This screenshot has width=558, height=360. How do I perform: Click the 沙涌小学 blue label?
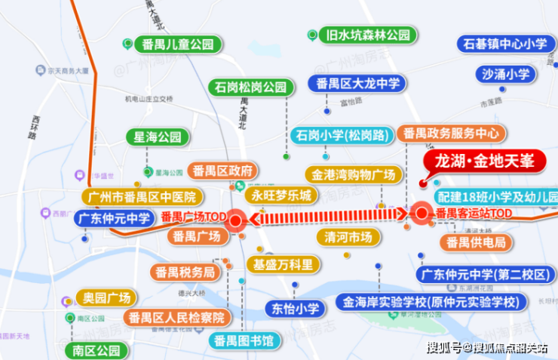506,74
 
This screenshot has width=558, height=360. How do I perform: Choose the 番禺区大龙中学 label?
358,83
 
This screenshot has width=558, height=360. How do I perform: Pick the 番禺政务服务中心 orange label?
451,133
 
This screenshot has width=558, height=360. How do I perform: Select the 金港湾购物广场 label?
350,174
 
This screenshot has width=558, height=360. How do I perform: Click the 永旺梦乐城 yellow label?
281,195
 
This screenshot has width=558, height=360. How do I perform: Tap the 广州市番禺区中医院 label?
141,198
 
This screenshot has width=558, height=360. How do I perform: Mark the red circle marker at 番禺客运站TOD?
421,214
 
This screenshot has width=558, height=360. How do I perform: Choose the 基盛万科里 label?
282,265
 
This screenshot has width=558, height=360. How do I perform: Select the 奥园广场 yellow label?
106,297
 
